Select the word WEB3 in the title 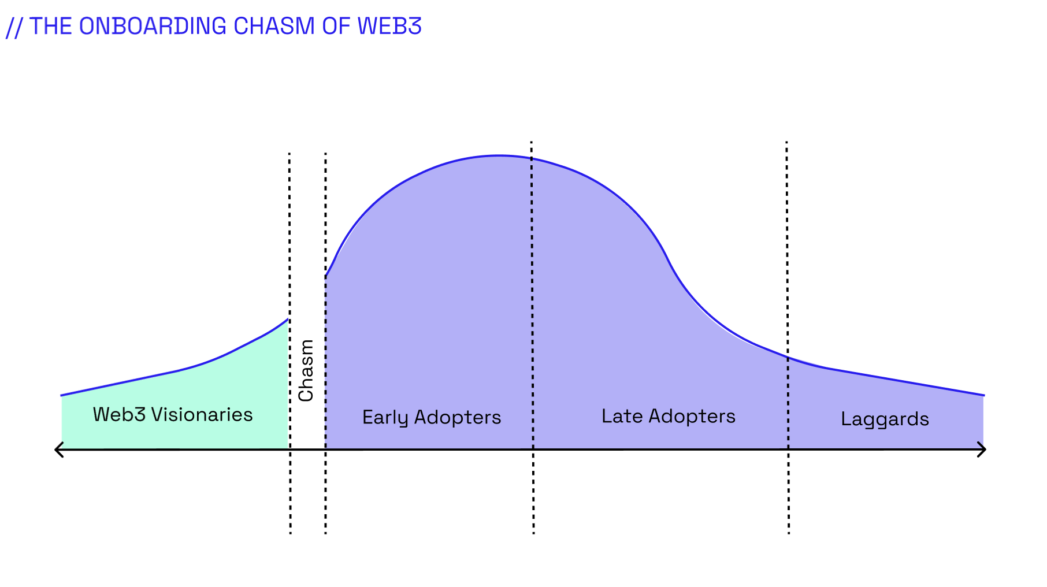point(389,27)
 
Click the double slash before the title point(14,28)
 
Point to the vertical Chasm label point(306,370)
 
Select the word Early point(385,418)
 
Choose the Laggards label point(885,419)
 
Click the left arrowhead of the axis point(58,449)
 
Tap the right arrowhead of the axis point(982,449)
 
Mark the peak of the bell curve point(499,155)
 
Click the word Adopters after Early point(458,418)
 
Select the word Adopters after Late point(692,416)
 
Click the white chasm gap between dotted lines point(307,428)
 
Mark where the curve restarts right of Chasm point(326,276)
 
